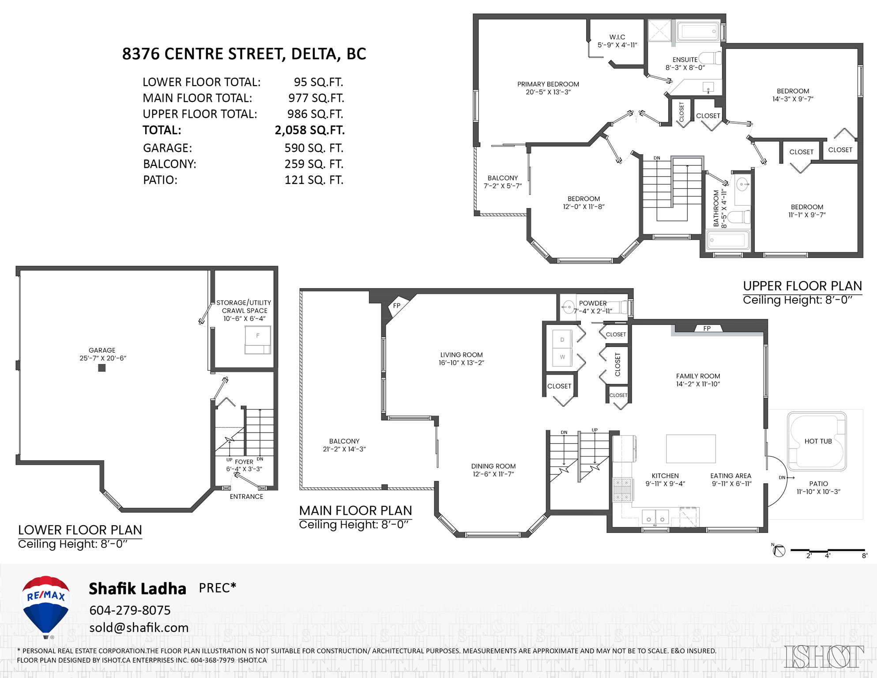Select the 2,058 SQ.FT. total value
[x=309, y=130]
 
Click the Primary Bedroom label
[x=548, y=84]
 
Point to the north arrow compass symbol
[x=779, y=551]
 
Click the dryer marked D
[x=562, y=340]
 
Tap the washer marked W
[x=562, y=357]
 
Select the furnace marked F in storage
[x=258, y=340]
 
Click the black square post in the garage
[x=102, y=368]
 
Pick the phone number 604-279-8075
[x=130, y=610]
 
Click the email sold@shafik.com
[x=139, y=628]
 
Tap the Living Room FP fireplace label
[x=397, y=305]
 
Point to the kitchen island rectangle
[x=691, y=448]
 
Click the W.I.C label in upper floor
[x=617, y=37]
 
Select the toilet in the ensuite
[x=711, y=58]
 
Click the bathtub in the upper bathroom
[x=727, y=240]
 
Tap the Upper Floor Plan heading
[x=802, y=286]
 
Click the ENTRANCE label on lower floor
[x=246, y=497]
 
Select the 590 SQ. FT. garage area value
[x=314, y=148]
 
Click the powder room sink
[x=568, y=306]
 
